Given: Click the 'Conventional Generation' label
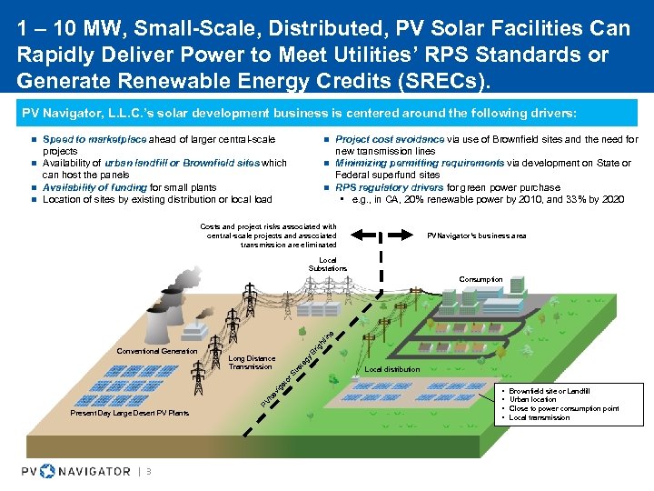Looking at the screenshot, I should [x=157, y=351].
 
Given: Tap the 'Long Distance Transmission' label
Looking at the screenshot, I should [x=252, y=362].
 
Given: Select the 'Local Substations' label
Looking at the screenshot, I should [x=327, y=265].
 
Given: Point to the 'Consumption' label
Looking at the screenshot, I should [x=481, y=279].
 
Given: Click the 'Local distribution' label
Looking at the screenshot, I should [x=391, y=369].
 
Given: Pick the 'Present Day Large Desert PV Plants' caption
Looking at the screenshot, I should [x=129, y=414].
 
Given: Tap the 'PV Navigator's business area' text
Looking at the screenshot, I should [x=477, y=235].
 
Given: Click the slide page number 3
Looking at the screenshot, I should [x=148, y=471].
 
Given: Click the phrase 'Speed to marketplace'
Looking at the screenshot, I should [x=94, y=139].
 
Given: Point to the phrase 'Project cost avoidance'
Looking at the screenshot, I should [x=390, y=139].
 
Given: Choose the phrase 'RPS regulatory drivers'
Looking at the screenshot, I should [x=390, y=187].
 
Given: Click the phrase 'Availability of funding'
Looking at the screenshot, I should [x=95, y=187].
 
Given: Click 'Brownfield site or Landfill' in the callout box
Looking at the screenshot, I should [x=550, y=390].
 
